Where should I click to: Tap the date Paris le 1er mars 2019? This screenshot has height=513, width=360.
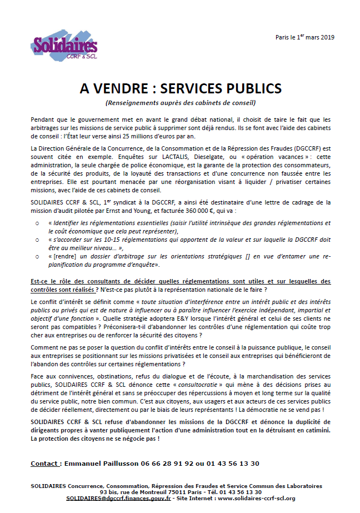coord(305,37)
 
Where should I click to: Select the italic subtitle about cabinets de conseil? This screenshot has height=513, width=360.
coord(180,103)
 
